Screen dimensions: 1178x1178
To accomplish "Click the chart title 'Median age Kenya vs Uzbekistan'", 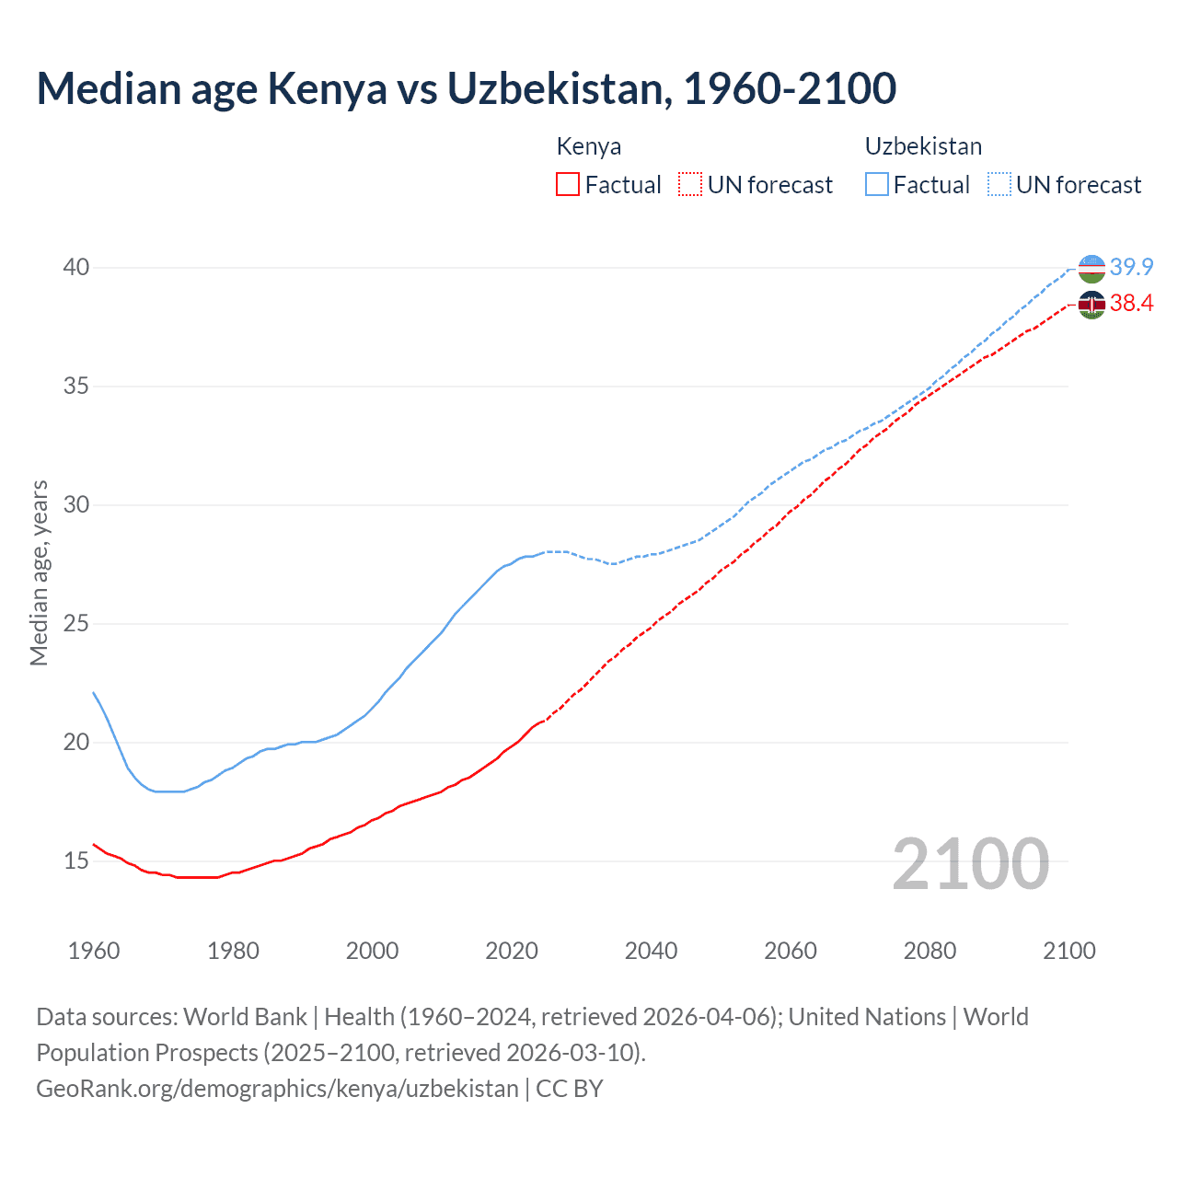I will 466,89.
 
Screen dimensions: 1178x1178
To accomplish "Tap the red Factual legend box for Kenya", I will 568,185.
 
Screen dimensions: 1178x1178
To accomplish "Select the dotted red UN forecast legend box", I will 690,185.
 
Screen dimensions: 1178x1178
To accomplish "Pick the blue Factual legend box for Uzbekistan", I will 877,185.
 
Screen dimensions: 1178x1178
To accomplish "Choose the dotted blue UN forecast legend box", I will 999,185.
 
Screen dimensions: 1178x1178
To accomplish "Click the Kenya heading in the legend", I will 589,146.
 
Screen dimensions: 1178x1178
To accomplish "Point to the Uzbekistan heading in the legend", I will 923,146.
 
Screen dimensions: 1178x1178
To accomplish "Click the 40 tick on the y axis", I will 76,268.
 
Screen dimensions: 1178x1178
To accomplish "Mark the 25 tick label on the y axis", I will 76,624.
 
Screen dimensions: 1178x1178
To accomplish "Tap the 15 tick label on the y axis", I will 76,861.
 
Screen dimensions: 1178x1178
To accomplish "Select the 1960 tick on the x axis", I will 94,951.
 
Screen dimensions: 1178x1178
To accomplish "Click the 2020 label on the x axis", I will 512,951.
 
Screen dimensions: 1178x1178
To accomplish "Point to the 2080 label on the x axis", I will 930,951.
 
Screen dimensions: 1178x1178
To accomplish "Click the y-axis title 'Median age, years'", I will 39,572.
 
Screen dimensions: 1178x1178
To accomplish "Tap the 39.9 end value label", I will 1131,268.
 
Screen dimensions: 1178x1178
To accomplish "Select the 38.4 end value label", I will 1131,304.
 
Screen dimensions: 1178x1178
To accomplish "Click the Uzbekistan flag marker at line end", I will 1091,269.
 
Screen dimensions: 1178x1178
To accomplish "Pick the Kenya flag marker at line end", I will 1091,305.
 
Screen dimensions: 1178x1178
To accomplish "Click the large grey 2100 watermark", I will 970,863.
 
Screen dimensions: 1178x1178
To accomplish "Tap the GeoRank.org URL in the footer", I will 277,1089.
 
